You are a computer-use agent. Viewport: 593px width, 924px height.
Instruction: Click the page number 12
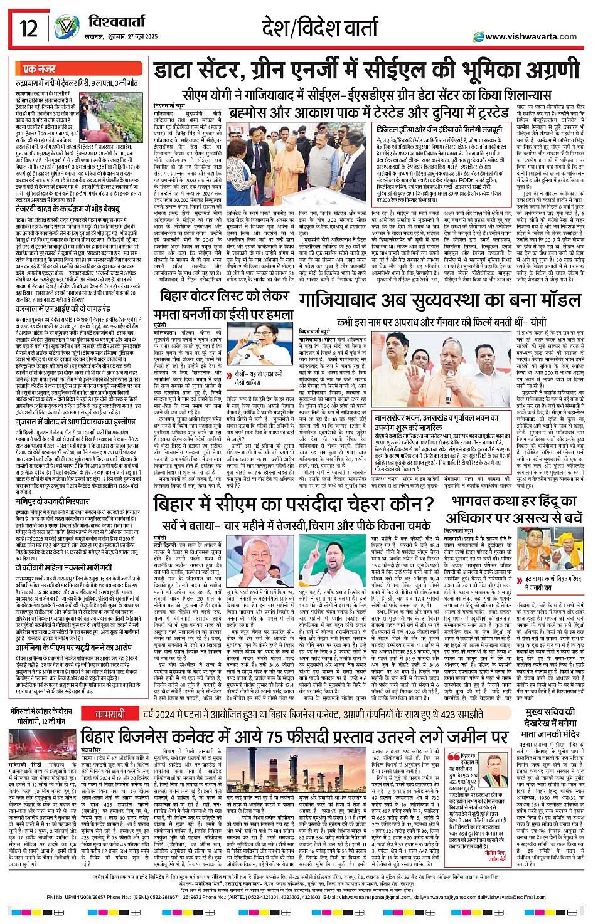pyautogui.click(x=28, y=29)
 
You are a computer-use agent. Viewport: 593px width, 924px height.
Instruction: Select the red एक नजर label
pyautogui.click(x=40, y=69)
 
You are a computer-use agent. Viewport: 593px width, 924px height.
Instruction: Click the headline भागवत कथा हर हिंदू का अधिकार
pyautogui.click(x=514, y=509)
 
